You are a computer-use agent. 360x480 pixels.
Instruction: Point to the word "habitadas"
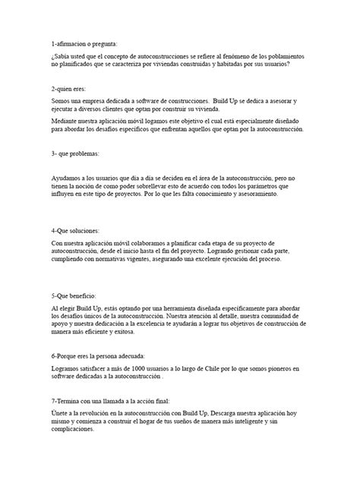click(x=226, y=65)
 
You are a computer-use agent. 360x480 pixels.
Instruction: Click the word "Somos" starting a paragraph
click(x=62, y=100)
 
